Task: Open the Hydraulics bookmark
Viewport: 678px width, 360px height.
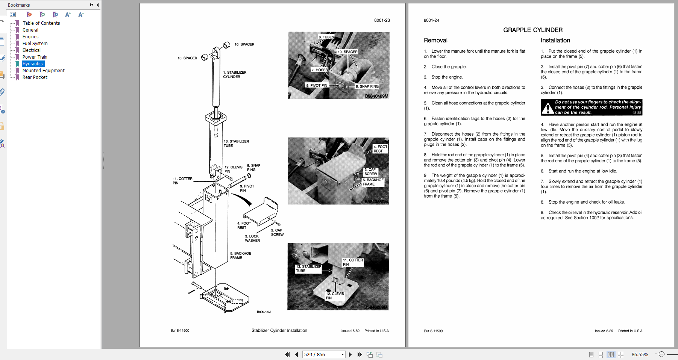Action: pos(33,64)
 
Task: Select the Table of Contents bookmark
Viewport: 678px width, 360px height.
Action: pos(41,23)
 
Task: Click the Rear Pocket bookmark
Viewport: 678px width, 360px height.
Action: pos(35,77)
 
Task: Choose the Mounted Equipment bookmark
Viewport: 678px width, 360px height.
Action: pos(43,71)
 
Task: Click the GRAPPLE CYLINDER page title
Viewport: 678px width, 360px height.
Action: pos(533,30)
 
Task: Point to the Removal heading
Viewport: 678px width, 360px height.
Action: pos(435,41)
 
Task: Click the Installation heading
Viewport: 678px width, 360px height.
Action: pos(555,41)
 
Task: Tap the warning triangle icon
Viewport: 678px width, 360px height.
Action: pos(548,108)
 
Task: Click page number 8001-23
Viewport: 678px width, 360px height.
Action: pos(382,20)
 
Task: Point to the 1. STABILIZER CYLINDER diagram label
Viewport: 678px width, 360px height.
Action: pos(235,74)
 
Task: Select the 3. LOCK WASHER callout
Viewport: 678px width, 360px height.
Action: pos(252,238)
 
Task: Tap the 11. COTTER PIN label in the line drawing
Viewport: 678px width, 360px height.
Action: pos(182,181)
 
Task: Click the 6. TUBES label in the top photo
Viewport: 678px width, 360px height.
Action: pos(326,37)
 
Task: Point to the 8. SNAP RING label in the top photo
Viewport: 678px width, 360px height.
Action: pos(367,86)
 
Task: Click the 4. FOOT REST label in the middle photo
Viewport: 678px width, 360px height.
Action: pos(380,149)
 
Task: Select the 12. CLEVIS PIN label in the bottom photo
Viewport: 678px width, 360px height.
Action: pos(335,296)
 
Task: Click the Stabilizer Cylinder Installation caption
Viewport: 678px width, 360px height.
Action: pos(279,331)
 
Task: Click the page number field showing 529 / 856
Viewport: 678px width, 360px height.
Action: pos(323,354)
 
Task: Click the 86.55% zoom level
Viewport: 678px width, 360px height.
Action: pos(640,354)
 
